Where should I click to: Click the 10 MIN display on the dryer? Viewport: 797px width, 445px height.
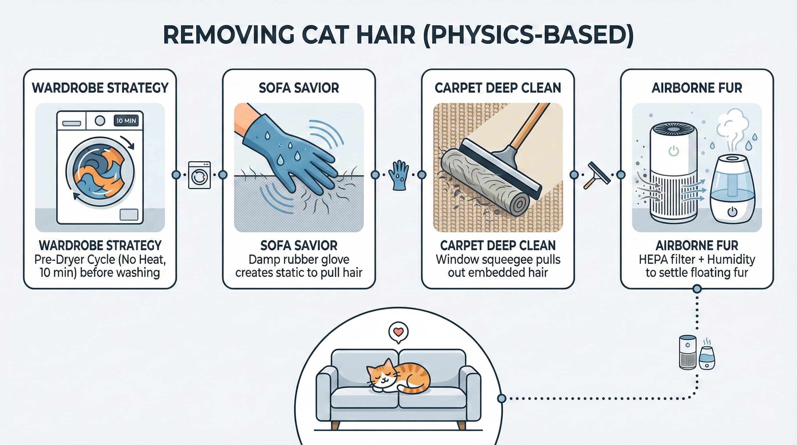coord(126,121)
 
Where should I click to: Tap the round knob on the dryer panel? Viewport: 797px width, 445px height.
coord(100,121)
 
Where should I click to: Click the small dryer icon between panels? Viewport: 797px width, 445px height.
coord(199,175)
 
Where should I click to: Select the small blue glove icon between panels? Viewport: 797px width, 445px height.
coord(398,175)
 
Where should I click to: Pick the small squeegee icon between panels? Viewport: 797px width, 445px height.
coord(597,175)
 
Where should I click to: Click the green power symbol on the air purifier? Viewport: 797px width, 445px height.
coord(674,151)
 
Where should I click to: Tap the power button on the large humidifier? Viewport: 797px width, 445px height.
coord(732,212)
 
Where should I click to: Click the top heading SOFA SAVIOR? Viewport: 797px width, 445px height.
coord(299,88)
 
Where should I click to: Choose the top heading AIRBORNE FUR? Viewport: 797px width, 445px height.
coord(697,88)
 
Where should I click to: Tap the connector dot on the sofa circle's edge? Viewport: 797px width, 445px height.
coord(502,398)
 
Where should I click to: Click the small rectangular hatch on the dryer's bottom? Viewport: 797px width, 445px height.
coord(129,214)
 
